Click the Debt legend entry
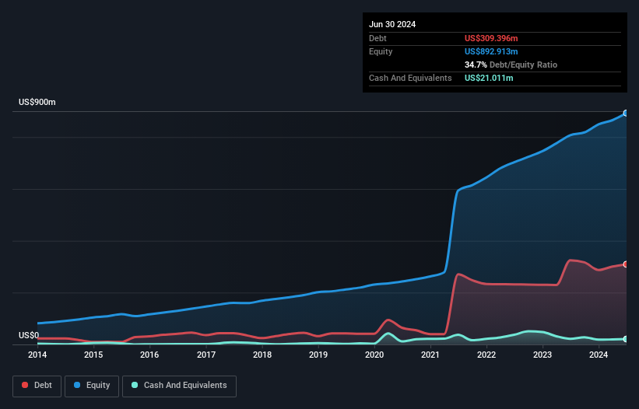(37, 385)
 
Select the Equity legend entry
(91, 385)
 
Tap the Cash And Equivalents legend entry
(179, 385)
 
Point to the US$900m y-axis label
(37, 103)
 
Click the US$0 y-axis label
(28, 335)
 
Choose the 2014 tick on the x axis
(37, 355)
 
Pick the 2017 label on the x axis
(206, 355)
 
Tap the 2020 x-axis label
(374, 355)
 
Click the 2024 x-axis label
(599, 355)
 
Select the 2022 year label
(486, 355)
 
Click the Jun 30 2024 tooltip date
(392, 24)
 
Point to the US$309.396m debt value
(491, 38)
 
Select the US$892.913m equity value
(491, 51)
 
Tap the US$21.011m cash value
(489, 78)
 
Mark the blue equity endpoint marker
(626, 114)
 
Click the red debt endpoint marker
(626, 264)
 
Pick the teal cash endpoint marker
(626, 339)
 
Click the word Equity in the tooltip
(381, 51)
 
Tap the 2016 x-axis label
(149, 355)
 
